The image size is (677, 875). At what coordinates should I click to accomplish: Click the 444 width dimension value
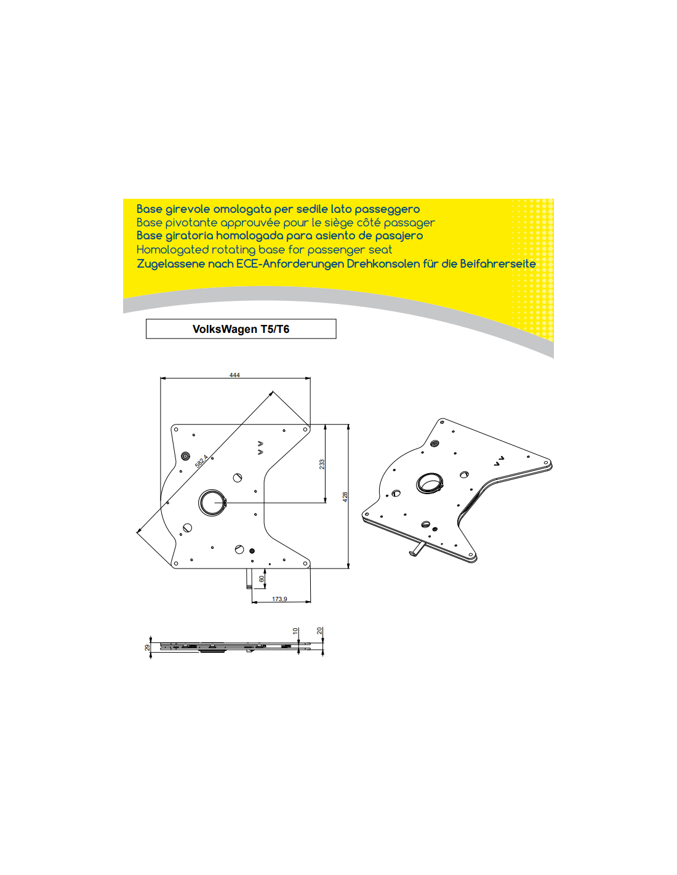[234, 375]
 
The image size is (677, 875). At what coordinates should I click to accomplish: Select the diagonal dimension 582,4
[201, 461]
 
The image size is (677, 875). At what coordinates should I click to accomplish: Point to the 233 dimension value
[322, 465]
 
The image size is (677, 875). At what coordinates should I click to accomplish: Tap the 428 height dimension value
[345, 497]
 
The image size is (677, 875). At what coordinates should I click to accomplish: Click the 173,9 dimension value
[279, 599]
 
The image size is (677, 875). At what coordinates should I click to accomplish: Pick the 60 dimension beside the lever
[262, 578]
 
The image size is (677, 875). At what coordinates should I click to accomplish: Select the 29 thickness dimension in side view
[148, 647]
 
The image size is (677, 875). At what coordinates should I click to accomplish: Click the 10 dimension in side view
[295, 631]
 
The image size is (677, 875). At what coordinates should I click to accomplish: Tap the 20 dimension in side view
[320, 631]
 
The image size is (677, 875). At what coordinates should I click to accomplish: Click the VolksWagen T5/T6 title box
[241, 329]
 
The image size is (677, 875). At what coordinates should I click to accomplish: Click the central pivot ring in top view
[212, 503]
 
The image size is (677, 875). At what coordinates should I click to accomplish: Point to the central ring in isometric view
[430, 483]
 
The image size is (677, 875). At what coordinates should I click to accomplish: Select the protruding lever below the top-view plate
[249, 578]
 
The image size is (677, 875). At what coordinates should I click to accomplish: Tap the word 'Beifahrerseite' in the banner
[498, 264]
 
